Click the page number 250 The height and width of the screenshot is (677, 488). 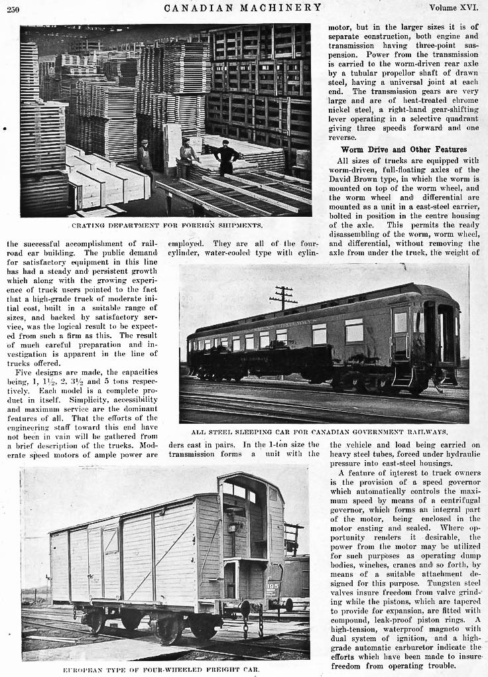(x=13, y=8)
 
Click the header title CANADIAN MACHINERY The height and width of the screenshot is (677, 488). (x=243, y=7)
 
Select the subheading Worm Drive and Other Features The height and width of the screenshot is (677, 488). (x=403, y=149)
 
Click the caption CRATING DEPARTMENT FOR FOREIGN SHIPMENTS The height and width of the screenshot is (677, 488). (x=166, y=225)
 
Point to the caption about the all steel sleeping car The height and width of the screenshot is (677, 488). (x=324, y=431)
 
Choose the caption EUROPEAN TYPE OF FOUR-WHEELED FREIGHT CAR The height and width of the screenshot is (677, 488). (x=161, y=670)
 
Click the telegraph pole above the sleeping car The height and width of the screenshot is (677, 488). (x=284, y=298)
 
